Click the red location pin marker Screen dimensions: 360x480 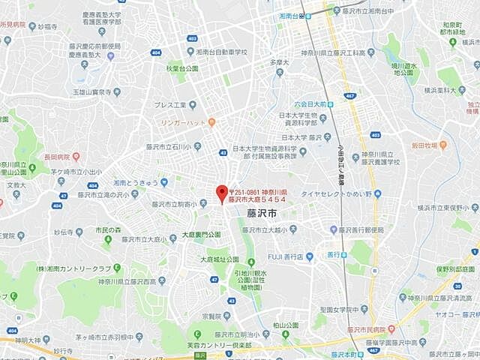point(221,193)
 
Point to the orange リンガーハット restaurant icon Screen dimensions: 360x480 point(211,121)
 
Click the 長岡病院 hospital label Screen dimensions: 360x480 point(57,157)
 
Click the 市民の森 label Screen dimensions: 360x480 point(109,229)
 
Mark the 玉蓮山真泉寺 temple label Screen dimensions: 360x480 point(96,92)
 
